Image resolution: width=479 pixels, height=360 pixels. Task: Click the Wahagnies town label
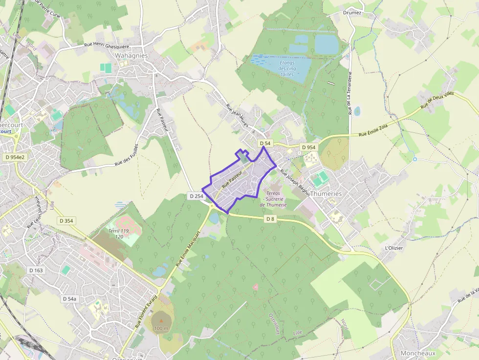click(131, 56)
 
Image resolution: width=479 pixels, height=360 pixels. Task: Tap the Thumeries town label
click(326, 194)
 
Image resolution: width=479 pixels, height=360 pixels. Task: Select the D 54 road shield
click(264, 143)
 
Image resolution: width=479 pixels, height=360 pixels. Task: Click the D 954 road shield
click(308, 147)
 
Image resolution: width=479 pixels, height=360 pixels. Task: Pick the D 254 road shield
click(196, 196)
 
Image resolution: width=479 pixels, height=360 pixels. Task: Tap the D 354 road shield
click(66, 221)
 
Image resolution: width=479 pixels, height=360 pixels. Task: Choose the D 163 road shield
click(36, 270)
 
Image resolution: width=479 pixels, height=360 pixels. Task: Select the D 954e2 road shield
click(14, 157)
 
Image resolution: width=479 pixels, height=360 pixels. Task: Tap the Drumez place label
click(352, 13)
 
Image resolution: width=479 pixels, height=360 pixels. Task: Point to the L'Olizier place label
click(394, 248)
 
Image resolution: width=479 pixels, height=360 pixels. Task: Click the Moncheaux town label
click(417, 353)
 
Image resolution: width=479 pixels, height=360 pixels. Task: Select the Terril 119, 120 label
click(118, 233)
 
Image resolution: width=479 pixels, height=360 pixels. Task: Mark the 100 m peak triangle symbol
click(161, 320)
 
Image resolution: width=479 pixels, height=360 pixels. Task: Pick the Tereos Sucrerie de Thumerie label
click(274, 199)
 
